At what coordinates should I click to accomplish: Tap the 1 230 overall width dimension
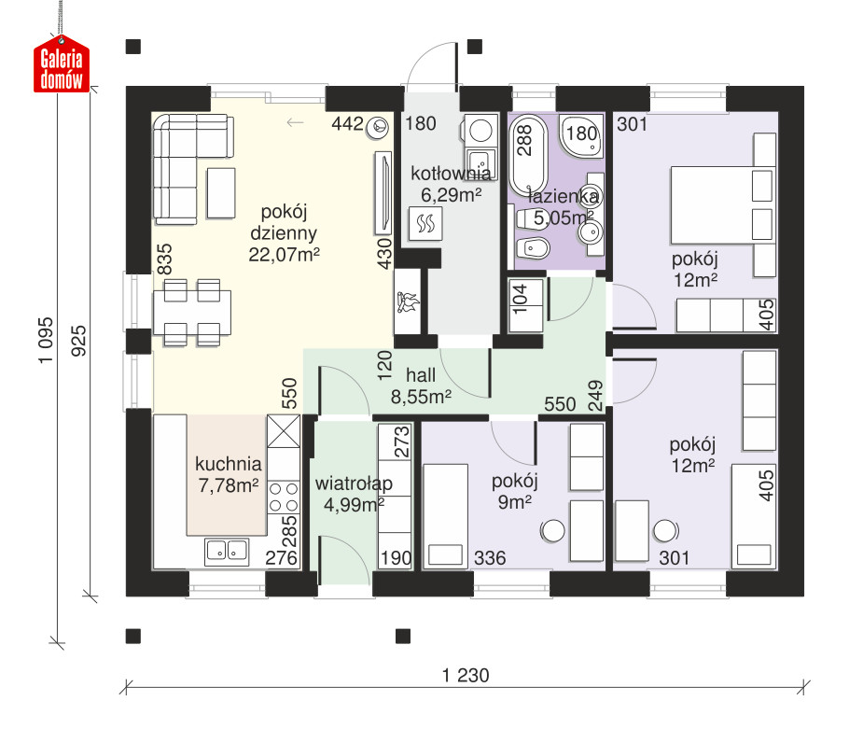[466, 676]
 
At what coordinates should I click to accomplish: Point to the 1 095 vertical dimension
[46, 340]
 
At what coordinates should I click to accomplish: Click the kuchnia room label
[228, 464]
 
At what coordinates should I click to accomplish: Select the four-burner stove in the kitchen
[284, 498]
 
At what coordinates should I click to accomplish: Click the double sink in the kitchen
[227, 552]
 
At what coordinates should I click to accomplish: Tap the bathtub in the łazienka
[528, 155]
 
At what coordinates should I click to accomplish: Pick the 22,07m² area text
[284, 255]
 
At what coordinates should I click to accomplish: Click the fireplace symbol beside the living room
[408, 302]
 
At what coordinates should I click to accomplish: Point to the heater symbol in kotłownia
[425, 223]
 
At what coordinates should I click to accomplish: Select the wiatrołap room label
[354, 483]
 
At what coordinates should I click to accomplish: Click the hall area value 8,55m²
[421, 397]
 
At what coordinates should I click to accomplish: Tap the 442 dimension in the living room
[347, 123]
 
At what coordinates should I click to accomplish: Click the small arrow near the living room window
[295, 122]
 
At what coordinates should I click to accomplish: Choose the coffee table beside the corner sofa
[221, 193]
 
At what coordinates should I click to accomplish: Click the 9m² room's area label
[514, 502]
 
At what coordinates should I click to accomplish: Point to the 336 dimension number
[490, 558]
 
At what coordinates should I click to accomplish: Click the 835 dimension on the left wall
[164, 259]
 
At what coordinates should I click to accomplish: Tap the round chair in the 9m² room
[553, 531]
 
